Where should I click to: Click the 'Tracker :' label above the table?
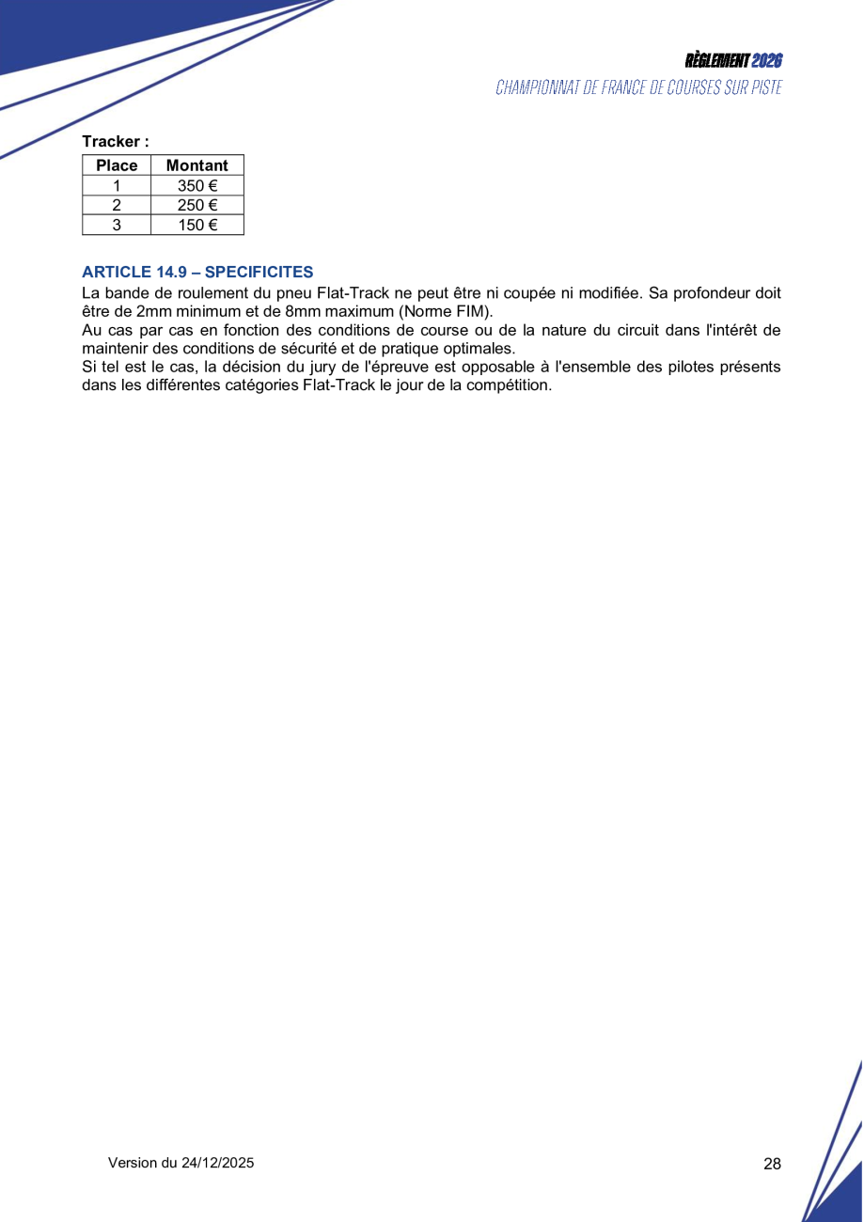[115, 142]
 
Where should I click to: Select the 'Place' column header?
[117, 165]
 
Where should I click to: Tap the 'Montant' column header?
[196, 165]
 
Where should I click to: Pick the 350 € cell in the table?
[197, 185]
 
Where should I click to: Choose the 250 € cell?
[197, 205]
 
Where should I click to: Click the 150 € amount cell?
[197, 225]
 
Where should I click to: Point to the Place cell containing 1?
[117, 185]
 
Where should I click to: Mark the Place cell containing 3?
[117, 225]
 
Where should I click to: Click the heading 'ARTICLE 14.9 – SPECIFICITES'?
[197, 273]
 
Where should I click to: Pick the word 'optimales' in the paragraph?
[474, 348]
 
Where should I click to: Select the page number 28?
[772, 1164]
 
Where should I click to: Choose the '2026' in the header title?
[767, 61]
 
